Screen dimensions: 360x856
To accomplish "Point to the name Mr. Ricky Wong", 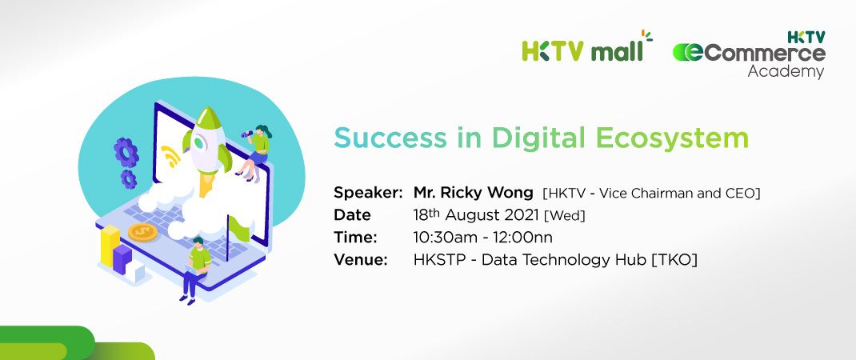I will pyautogui.click(x=473, y=193).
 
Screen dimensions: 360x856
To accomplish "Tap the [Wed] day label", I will pyautogui.click(x=565, y=215).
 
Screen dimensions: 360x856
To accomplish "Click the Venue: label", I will pyautogui.click(x=361, y=260).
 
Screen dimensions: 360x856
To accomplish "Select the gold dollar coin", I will pyautogui.click(x=142, y=233).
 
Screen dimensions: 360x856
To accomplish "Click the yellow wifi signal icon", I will pyautogui.click(x=170, y=158).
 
